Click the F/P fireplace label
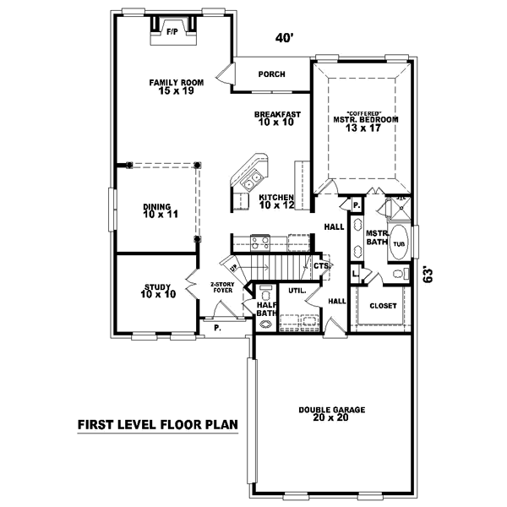172,30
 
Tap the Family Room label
177,86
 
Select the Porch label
272,74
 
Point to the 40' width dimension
285,38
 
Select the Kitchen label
276,200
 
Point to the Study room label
158,291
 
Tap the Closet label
383,306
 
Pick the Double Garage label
332,414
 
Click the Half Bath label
265,308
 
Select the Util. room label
297,290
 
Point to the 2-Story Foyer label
223,287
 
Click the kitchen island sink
251,183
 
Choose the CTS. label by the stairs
321,266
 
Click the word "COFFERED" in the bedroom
365,113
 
